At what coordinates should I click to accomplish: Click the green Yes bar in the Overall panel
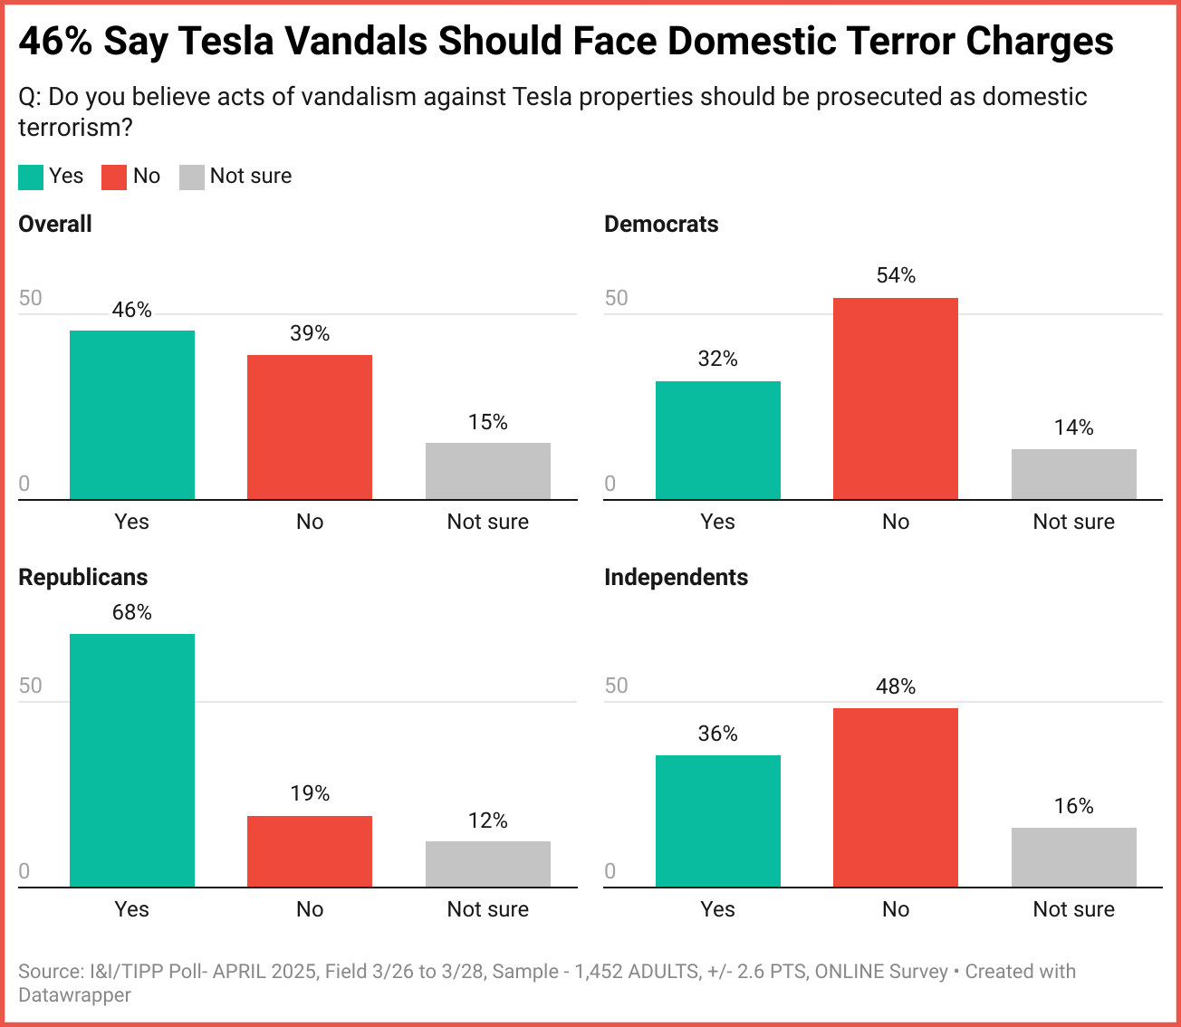(132, 415)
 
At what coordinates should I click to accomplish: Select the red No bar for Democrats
(896, 398)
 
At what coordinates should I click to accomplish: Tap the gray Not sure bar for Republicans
(488, 864)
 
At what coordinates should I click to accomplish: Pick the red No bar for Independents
(896, 797)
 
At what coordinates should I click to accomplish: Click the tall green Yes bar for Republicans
(132, 761)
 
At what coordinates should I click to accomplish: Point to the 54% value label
(896, 275)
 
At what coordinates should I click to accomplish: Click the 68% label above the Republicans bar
(132, 612)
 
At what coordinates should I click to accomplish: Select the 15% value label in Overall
(488, 422)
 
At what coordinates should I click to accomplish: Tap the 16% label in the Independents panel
(1074, 806)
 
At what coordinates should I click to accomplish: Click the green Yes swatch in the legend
(31, 177)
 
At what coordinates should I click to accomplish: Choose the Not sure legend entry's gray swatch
(192, 177)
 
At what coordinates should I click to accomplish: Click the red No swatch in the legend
(114, 177)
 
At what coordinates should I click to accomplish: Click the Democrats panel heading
(661, 225)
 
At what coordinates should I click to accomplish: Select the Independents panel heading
(676, 577)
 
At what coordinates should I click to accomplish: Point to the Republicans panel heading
(82, 577)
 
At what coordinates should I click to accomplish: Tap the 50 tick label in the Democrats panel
(616, 298)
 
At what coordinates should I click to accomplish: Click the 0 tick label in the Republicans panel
(24, 871)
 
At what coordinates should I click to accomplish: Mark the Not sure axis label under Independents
(1074, 909)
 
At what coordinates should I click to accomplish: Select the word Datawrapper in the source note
(74, 994)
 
